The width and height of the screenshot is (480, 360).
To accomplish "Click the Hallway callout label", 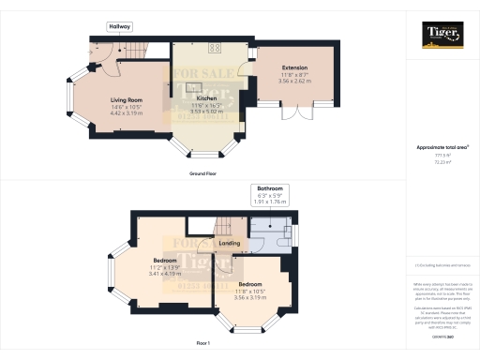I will tap(119, 26).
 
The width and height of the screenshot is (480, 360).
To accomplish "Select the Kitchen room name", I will tap(206, 98).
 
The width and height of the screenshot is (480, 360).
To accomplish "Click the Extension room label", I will tap(295, 68).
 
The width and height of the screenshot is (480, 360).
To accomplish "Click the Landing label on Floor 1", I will tap(230, 244).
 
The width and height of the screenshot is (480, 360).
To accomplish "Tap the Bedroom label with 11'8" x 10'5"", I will tap(249, 283).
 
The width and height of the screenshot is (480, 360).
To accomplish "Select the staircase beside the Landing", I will tap(225, 227).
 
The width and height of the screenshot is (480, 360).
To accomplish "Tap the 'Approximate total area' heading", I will tap(442, 148).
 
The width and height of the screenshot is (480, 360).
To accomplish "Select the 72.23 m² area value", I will tap(442, 162).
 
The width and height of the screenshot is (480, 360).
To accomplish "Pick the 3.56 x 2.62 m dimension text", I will tap(295, 82).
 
